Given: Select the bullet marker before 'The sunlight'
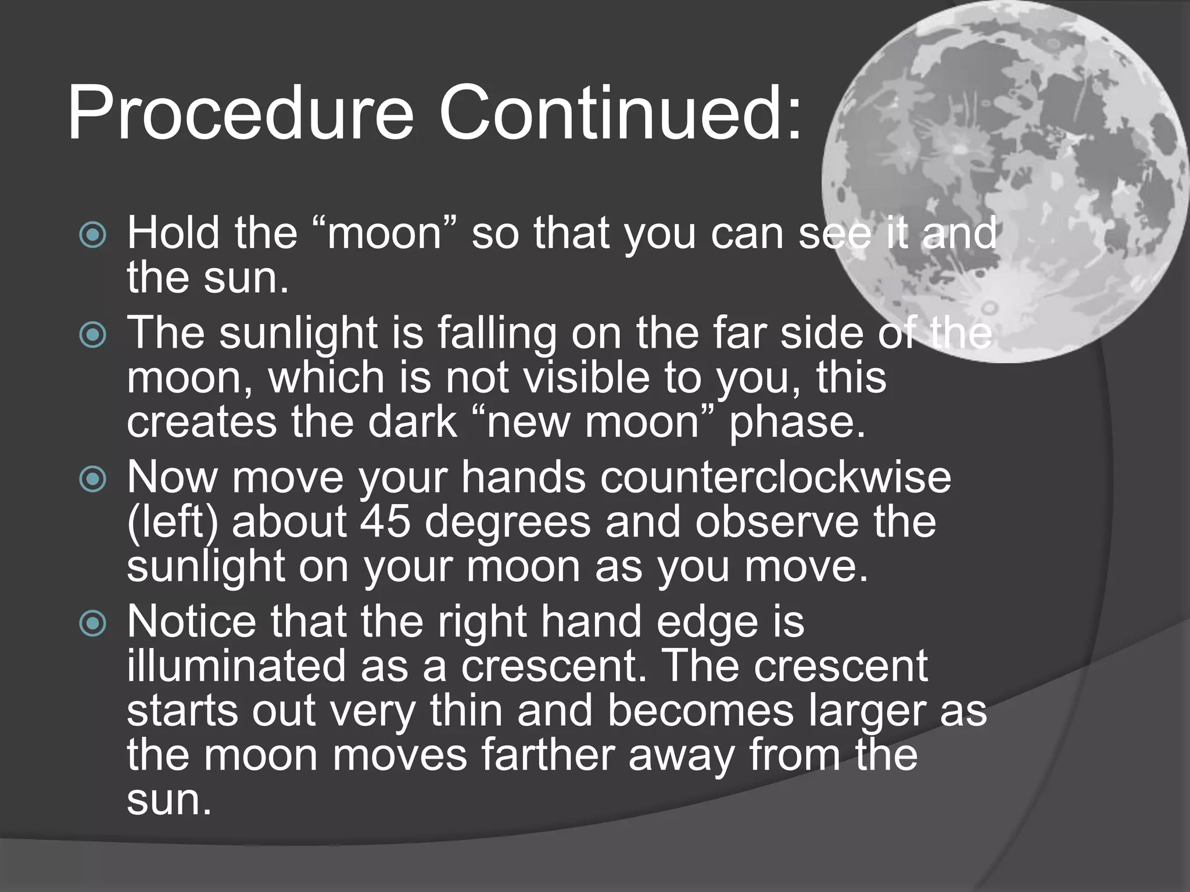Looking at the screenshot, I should pyautogui.click(x=93, y=334).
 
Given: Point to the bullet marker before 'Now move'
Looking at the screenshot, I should pyautogui.click(x=93, y=479).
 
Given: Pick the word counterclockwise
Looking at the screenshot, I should pyautogui.click(x=775, y=478).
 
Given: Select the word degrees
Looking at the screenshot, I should pyautogui.click(x=508, y=523).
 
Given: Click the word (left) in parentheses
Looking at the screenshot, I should pyautogui.click(x=173, y=523).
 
